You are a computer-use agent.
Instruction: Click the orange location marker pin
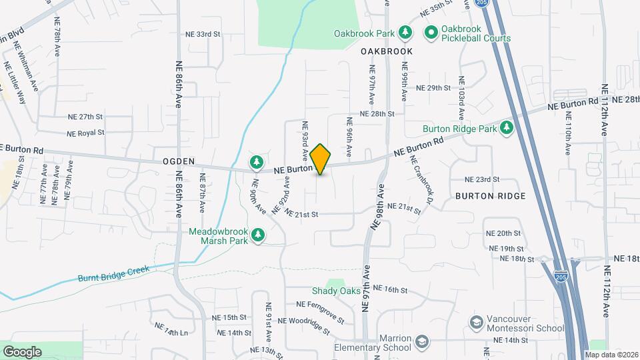tap(321, 159)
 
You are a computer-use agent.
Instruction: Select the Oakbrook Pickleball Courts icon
tap(431, 32)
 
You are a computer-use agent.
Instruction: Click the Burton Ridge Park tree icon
tap(507, 127)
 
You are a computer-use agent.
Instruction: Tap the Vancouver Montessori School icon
tap(476, 323)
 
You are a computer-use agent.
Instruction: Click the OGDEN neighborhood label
tap(178, 161)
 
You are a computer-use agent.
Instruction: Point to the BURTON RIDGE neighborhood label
tap(491, 196)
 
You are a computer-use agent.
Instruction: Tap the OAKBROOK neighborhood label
tap(387, 51)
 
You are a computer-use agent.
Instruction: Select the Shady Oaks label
tap(336, 291)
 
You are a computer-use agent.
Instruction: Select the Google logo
tap(22, 351)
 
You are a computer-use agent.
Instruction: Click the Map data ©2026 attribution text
tap(611, 355)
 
